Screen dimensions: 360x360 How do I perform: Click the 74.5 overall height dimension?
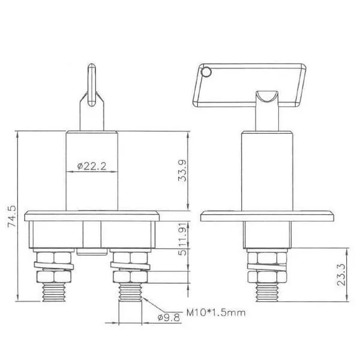click(x=12, y=216)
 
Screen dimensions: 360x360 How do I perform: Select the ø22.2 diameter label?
click(x=92, y=166)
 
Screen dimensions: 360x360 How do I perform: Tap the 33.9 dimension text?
click(x=182, y=171)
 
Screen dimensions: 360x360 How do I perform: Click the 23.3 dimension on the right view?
click(x=341, y=275)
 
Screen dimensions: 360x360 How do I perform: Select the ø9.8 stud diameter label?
click(x=169, y=317)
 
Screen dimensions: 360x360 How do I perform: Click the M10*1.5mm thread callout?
click(x=216, y=313)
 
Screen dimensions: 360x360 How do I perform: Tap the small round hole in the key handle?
click(x=206, y=72)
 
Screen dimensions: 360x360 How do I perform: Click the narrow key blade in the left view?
click(x=92, y=85)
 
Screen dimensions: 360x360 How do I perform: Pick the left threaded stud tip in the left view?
click(x=54, y=292)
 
